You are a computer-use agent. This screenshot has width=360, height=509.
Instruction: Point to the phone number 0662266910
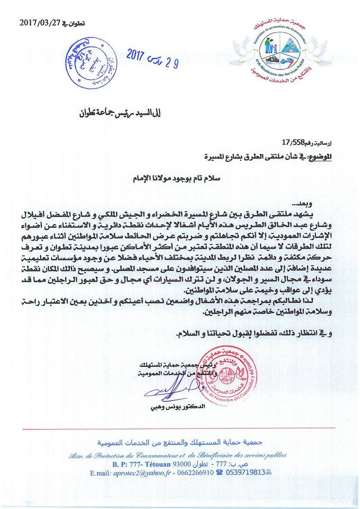[192, 474]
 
